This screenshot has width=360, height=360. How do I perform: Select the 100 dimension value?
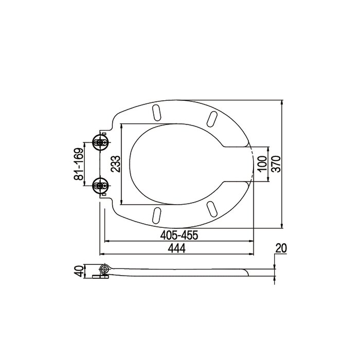point(262,164)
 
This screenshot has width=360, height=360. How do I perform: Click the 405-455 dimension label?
point(179,235)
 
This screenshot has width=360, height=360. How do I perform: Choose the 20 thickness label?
point(280,248)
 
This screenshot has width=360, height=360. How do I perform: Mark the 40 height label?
point(78,272)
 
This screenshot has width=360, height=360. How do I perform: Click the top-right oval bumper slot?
point(211,117)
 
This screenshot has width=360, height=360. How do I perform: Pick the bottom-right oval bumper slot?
point(211,209)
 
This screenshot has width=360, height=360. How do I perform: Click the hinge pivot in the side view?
point(104,269)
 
